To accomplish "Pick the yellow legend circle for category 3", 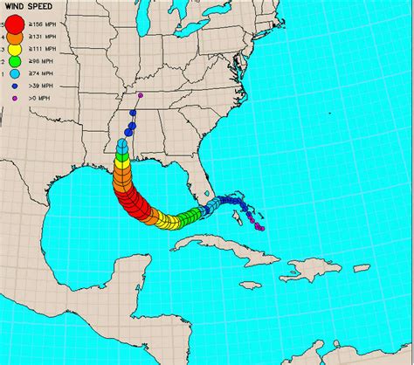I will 15,51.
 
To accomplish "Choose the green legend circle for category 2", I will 15,63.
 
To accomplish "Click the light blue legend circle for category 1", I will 15,75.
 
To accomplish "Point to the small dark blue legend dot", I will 15,87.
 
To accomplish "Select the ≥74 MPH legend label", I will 41,75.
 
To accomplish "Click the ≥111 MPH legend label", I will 43,51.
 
